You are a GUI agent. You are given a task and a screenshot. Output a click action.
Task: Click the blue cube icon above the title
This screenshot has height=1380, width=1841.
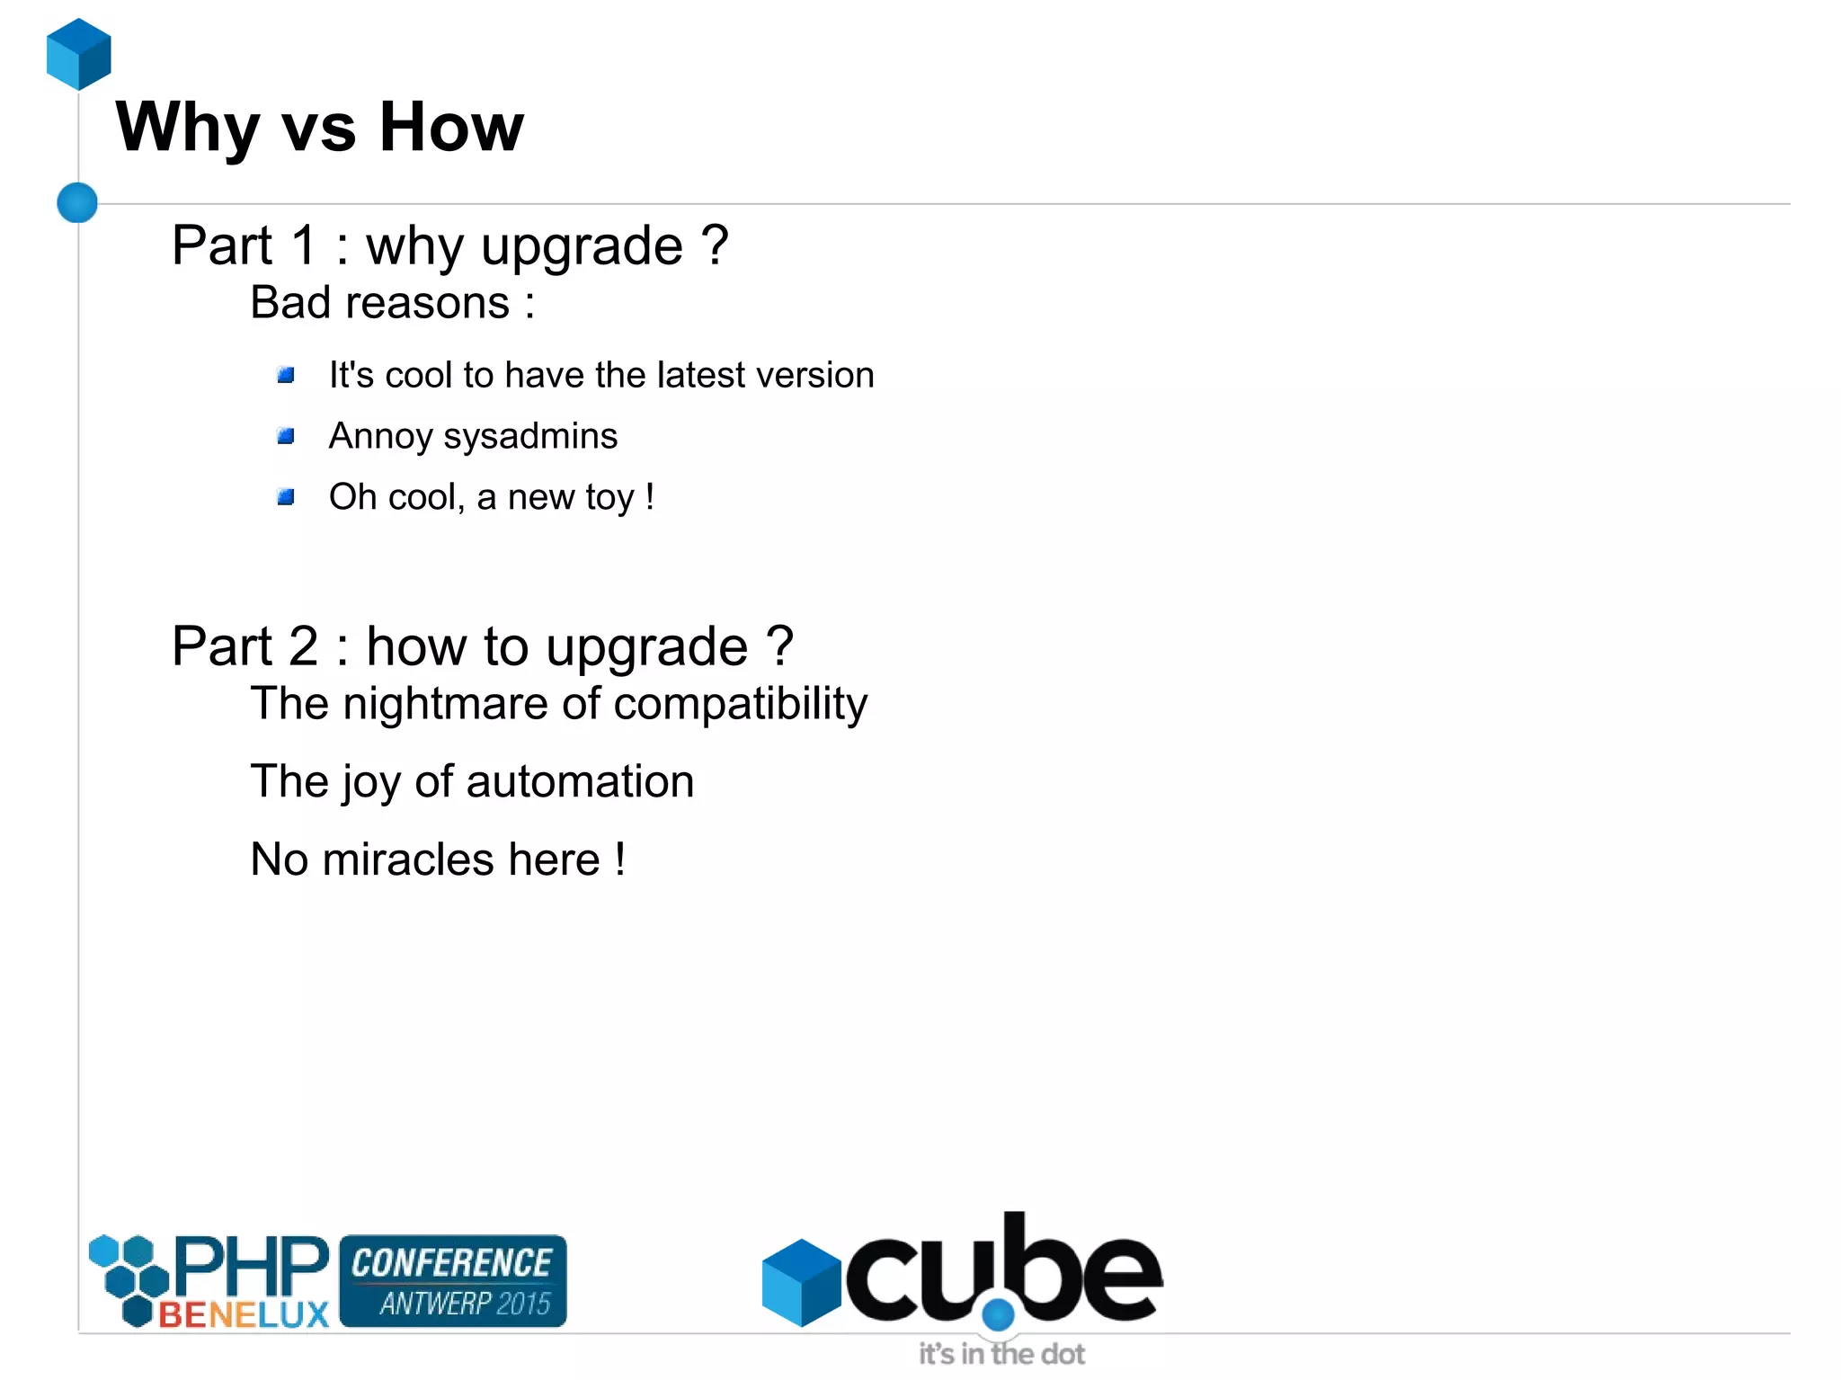[79, 54]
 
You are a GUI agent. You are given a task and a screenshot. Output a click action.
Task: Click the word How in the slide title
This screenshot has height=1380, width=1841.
[451, 128]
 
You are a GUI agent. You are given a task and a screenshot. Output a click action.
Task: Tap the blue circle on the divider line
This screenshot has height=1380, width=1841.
[77, 202]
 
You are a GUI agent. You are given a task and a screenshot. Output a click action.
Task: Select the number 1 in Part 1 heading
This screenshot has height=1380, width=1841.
[304, 245]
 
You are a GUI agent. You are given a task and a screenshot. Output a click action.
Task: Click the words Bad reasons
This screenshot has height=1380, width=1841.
[379, 303]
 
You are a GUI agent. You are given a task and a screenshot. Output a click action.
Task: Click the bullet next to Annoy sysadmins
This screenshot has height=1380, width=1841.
[286, 437]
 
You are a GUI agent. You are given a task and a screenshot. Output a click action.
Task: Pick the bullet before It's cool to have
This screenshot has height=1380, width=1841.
[286, 376]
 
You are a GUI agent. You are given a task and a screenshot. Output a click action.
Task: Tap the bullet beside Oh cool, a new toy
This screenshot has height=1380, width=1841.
[286, 497]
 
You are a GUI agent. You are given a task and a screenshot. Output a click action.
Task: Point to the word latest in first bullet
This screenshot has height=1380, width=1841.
[701, 375]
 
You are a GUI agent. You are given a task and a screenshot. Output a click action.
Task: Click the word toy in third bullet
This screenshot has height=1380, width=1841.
[609, 498]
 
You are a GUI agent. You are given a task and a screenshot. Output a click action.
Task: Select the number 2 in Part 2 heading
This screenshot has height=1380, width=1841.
[304, 646]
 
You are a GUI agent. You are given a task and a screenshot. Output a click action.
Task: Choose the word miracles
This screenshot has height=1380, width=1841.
[408, 859]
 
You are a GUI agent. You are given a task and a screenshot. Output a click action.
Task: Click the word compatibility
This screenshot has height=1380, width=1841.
[740, 704]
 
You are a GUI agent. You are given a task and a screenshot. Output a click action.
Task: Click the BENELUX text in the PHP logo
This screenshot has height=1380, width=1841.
[244, 1314]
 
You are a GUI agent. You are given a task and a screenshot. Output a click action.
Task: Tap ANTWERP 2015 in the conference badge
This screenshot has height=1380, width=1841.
[464, 1303]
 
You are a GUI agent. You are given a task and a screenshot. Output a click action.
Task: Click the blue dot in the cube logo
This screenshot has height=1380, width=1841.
[998, 1315]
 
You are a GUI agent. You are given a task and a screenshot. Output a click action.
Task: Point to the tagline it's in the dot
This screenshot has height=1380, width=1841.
[1001, 1354]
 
